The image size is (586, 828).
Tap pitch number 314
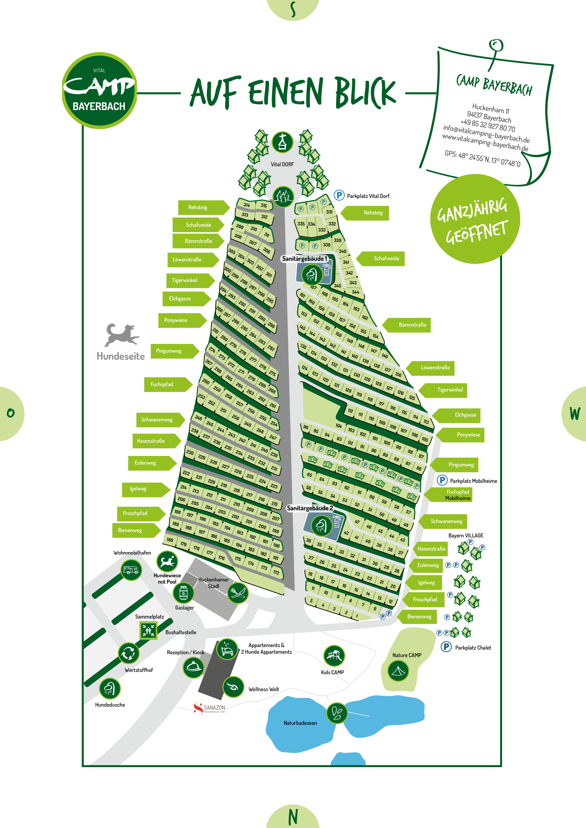point(246,205)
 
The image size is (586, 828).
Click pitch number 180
point(170,540)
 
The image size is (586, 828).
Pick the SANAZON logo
point(209,708)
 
